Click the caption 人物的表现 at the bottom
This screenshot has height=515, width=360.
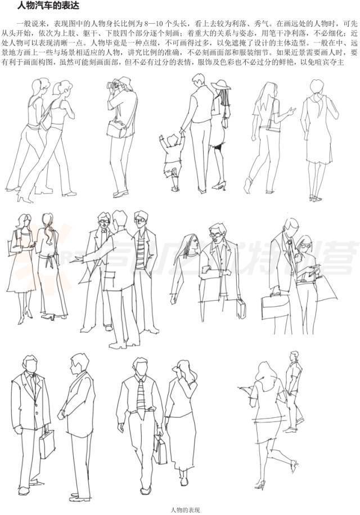click(186, 509)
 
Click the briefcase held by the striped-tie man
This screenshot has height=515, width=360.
click(160, 450)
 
